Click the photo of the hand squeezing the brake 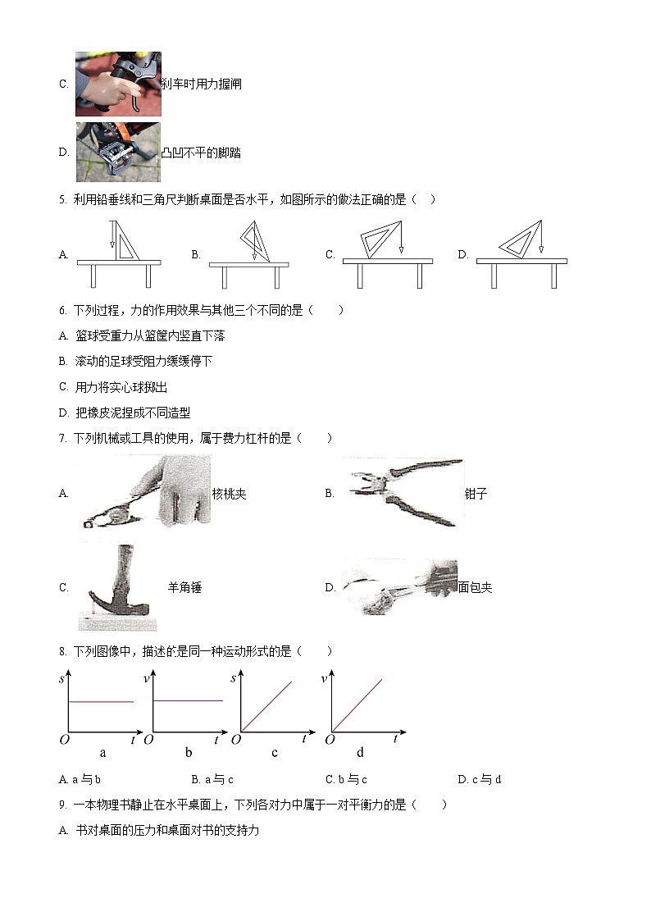pyautogui.click(x=118, y=84)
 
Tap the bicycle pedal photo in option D pyautogui.click(x=118, y=152)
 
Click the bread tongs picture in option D pyautogui.click(x=398, y=587)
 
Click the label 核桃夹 pyautogui.click(x=230, y=494)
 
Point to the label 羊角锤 pyautogui.click(x=184, y=587)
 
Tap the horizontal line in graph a pyautogui.click(x=101, y=701)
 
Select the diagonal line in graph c pyautogui.click(x=266, y=706)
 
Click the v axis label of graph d pyautogui.click(x=324, y=678)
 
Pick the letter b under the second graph pyautogui.click(x=189, y=753)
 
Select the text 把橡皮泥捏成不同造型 pyautogui.click(x=133, y=413)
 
